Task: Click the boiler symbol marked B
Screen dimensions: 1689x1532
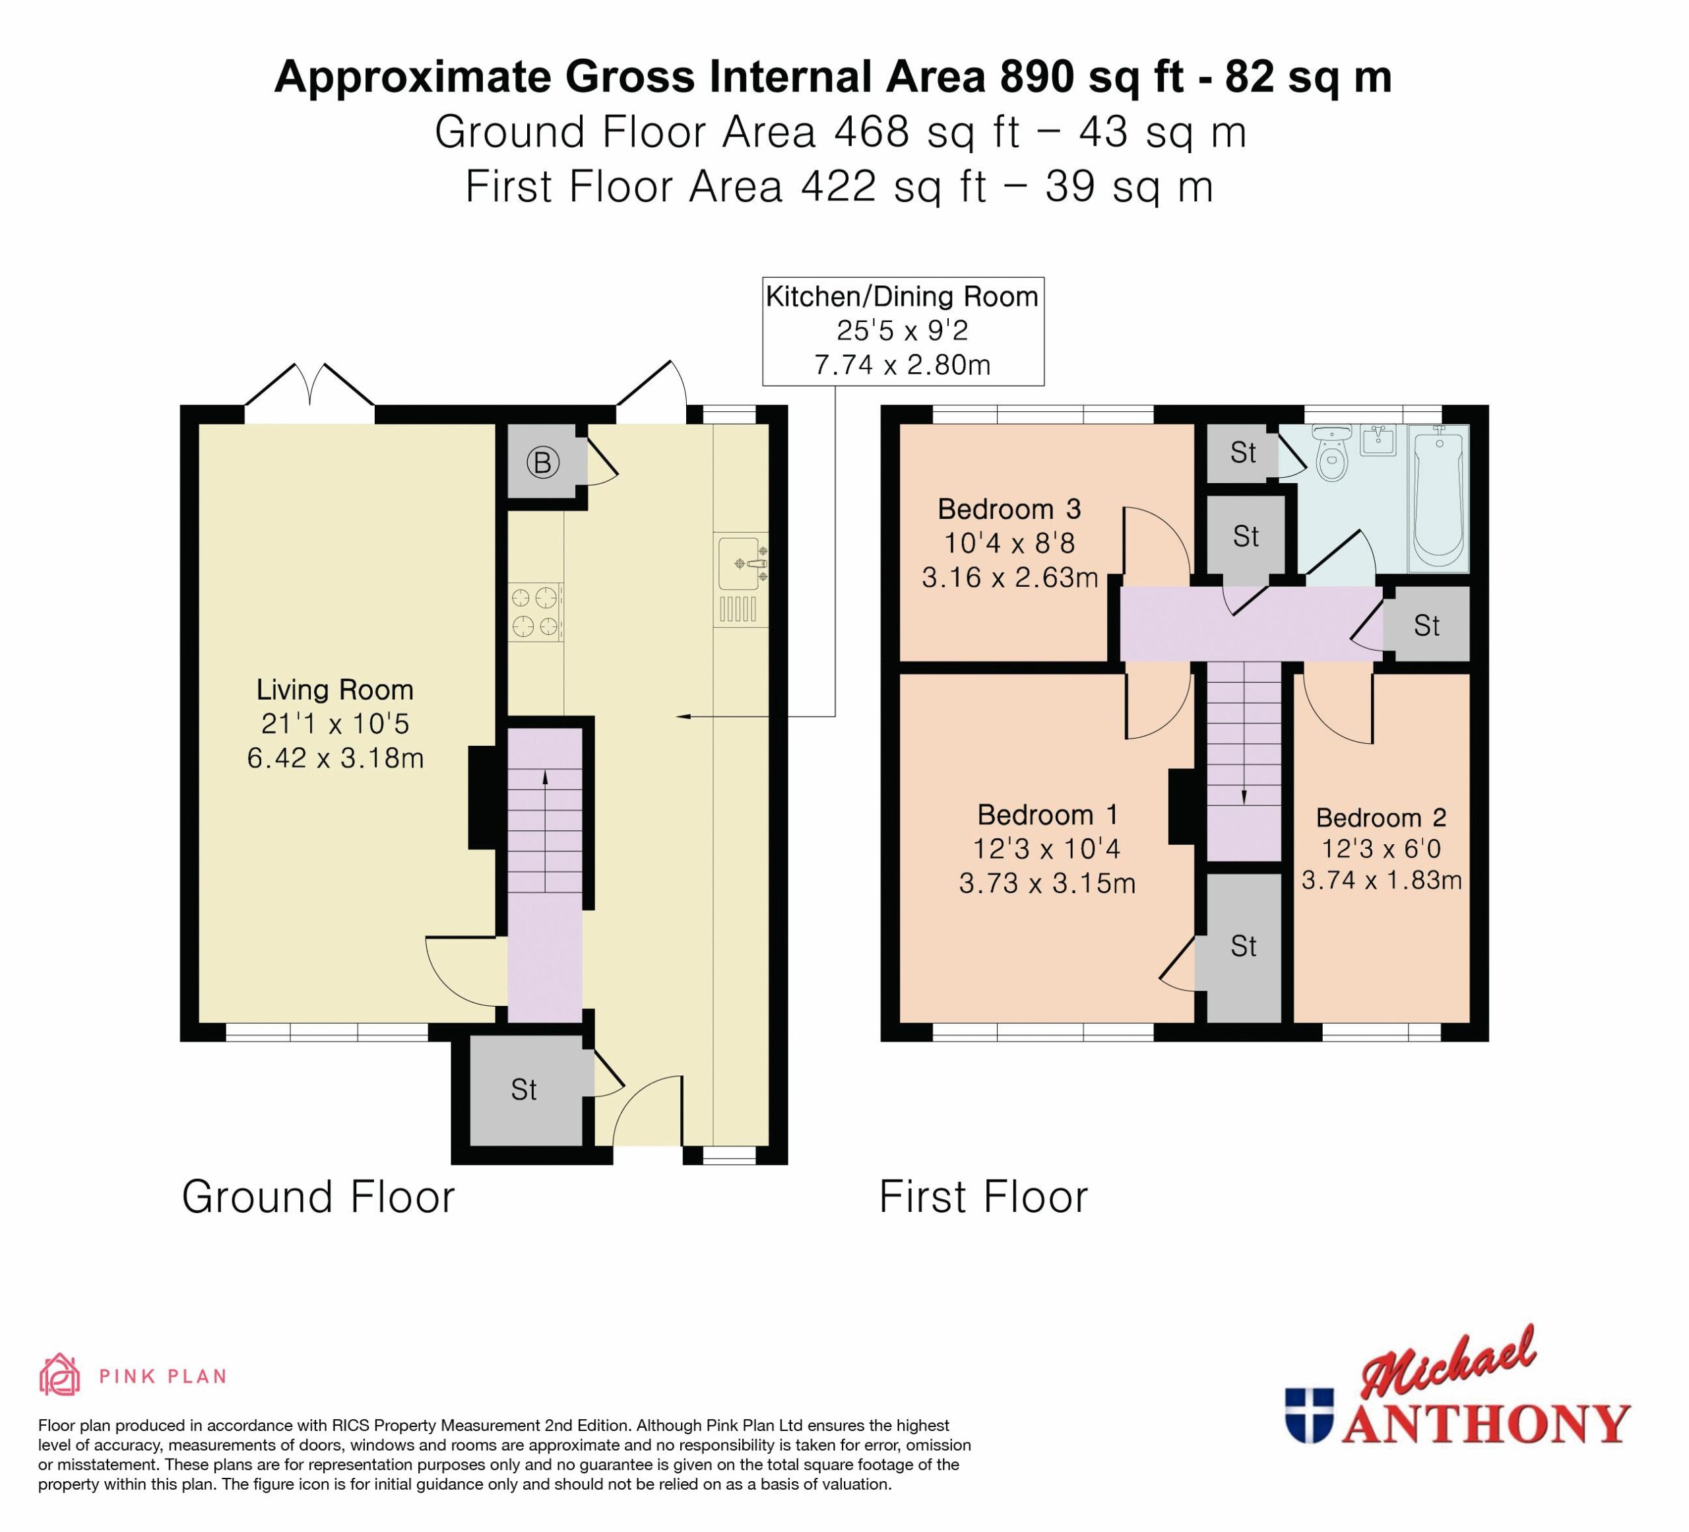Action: click(x=542, y=462)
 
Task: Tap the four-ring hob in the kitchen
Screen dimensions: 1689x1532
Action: click(x=535, y=612)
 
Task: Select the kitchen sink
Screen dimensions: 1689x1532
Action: click(x=742, y=579)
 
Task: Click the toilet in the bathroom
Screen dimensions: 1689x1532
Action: click(x=1331, y=453)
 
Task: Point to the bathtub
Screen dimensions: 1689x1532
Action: click(x=1438, y=498)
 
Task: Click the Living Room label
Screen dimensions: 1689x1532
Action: click(x=335, y=690)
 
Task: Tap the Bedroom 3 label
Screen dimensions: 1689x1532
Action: click(x=1009, y=509)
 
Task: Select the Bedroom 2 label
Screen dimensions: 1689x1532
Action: click(x=1382, y=817)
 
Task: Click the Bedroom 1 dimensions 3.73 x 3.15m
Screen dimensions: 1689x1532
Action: click(x=1047, y=883)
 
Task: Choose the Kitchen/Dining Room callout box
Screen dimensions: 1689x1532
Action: click(x=903, y=331)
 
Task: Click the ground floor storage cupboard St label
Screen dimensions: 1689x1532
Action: click(x=524, y=1090)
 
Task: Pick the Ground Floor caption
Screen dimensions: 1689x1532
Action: click(x=319, y=1197)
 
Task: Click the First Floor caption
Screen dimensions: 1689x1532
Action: click(x=984, y=1197)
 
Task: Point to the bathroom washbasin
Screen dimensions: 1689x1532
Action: click(x=1378, y=440)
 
